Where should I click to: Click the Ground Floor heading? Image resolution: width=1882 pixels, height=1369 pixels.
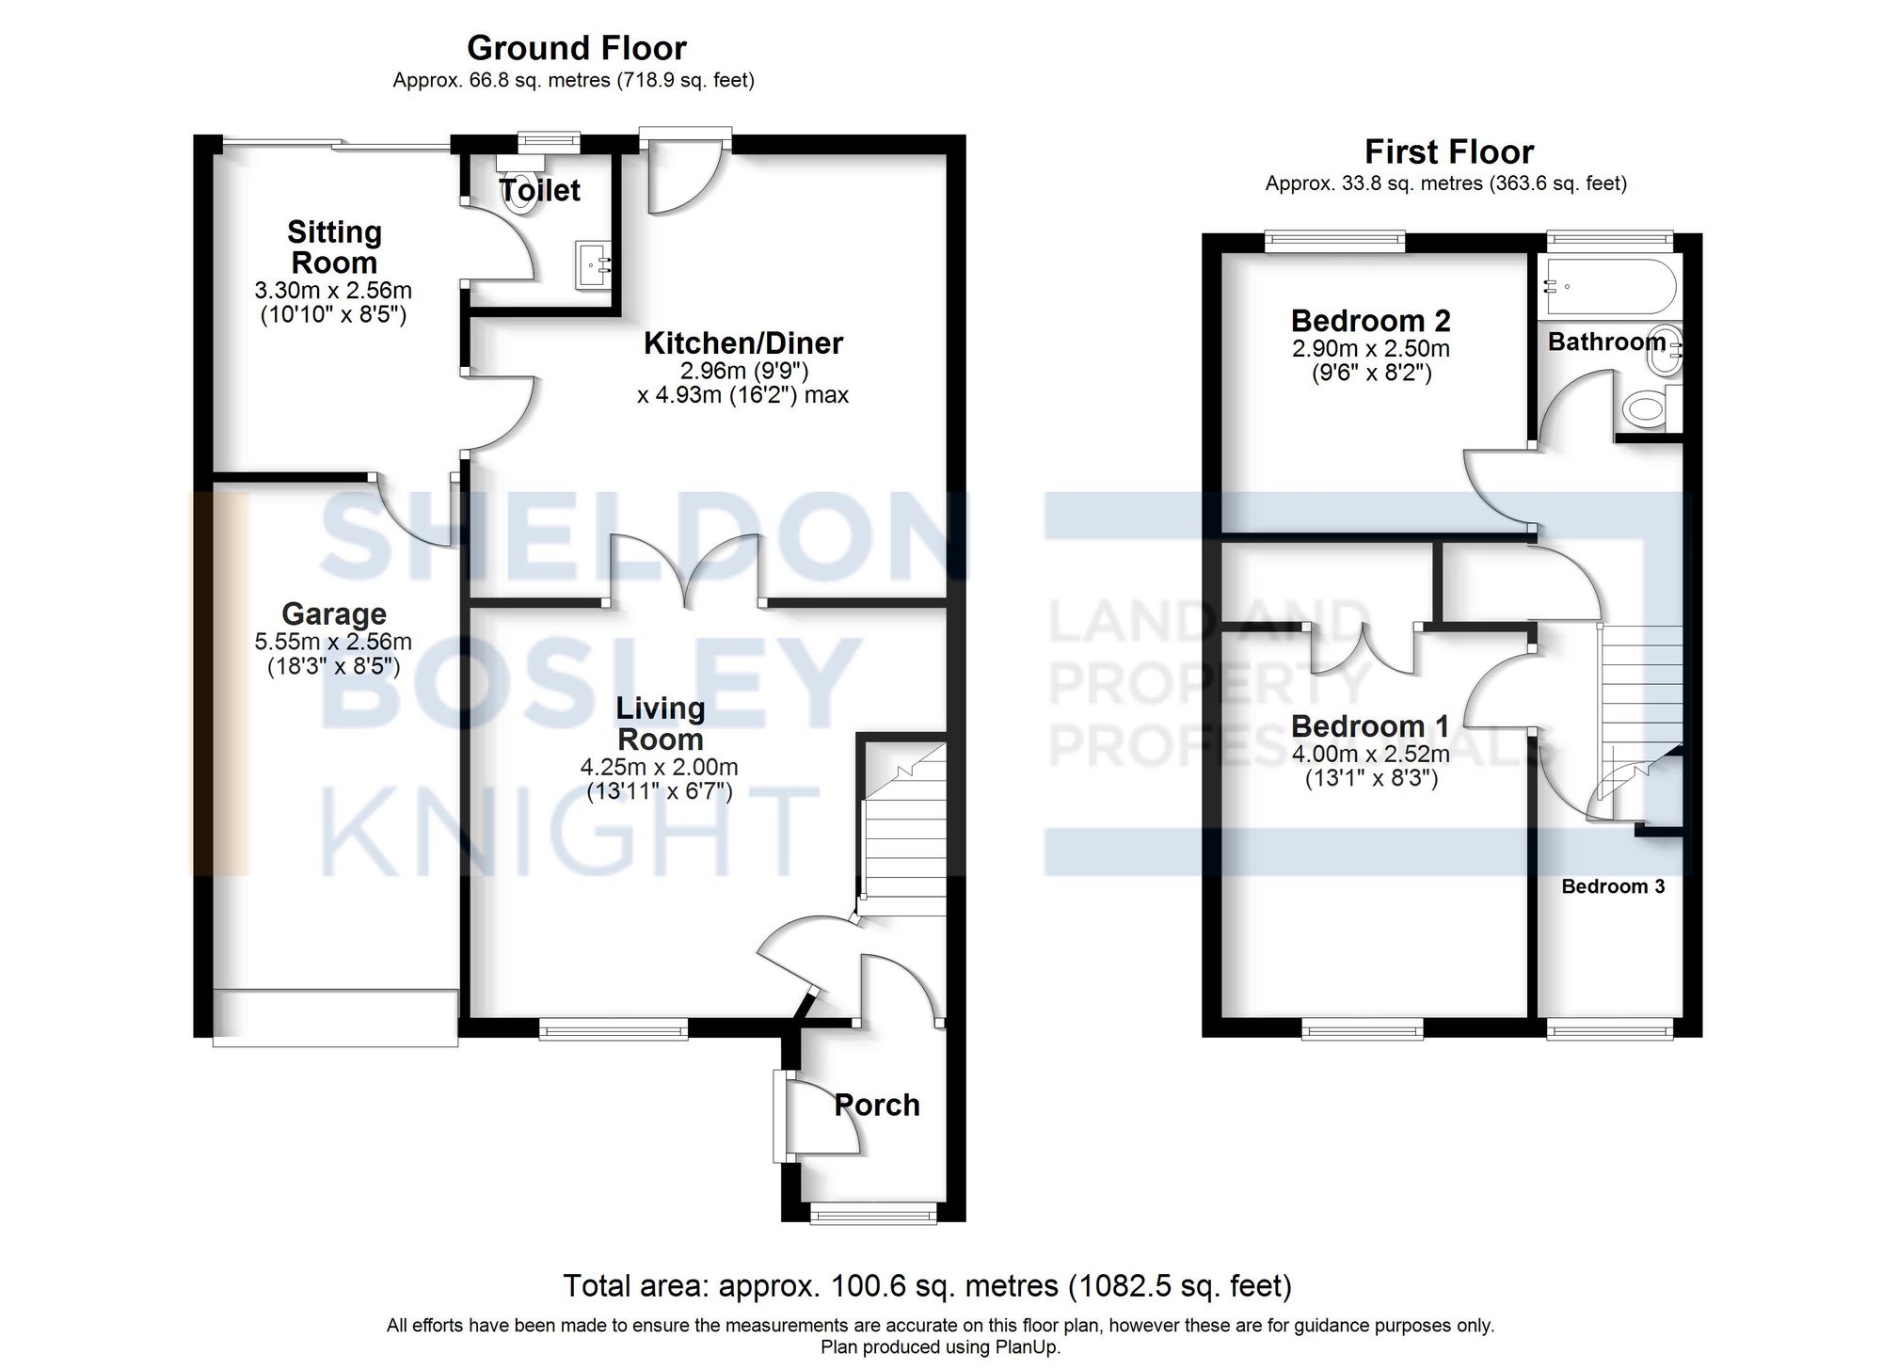click(x=576, y=48)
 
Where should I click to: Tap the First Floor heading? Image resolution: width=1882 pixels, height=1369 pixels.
click(x=1448, y=151)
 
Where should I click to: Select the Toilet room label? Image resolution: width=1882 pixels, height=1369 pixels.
click(x=540, y=191)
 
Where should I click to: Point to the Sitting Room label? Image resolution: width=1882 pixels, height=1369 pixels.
click(x=333, y=247)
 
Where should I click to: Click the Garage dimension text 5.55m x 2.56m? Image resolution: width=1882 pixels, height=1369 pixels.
click(x=333, y=643)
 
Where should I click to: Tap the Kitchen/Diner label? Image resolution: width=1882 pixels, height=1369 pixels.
click(x=742, y=343)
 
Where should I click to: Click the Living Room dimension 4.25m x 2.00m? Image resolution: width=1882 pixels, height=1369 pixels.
click(x=659, y=768)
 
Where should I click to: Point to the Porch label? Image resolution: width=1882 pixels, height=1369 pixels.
click(x=876, y=1105)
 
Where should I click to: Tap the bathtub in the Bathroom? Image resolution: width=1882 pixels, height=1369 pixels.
click(x=1610, y=286)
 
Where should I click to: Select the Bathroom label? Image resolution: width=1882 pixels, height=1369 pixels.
click(x=1606, y=342)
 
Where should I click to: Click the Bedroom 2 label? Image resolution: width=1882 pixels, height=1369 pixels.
click(x=1370, y=321)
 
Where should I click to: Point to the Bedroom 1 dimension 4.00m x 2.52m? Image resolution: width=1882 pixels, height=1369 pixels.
click(x=1370, y=755)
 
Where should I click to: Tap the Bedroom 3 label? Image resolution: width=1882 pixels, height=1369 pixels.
click(x=1613, y=886)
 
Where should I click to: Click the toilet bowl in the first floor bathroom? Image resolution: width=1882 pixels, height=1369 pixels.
click(x=1645, y=409)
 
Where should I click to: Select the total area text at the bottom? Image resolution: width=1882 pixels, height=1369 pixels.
click(x=927, y=1285)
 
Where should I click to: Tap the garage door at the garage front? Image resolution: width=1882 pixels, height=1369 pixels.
click(x=335, y=1017)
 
